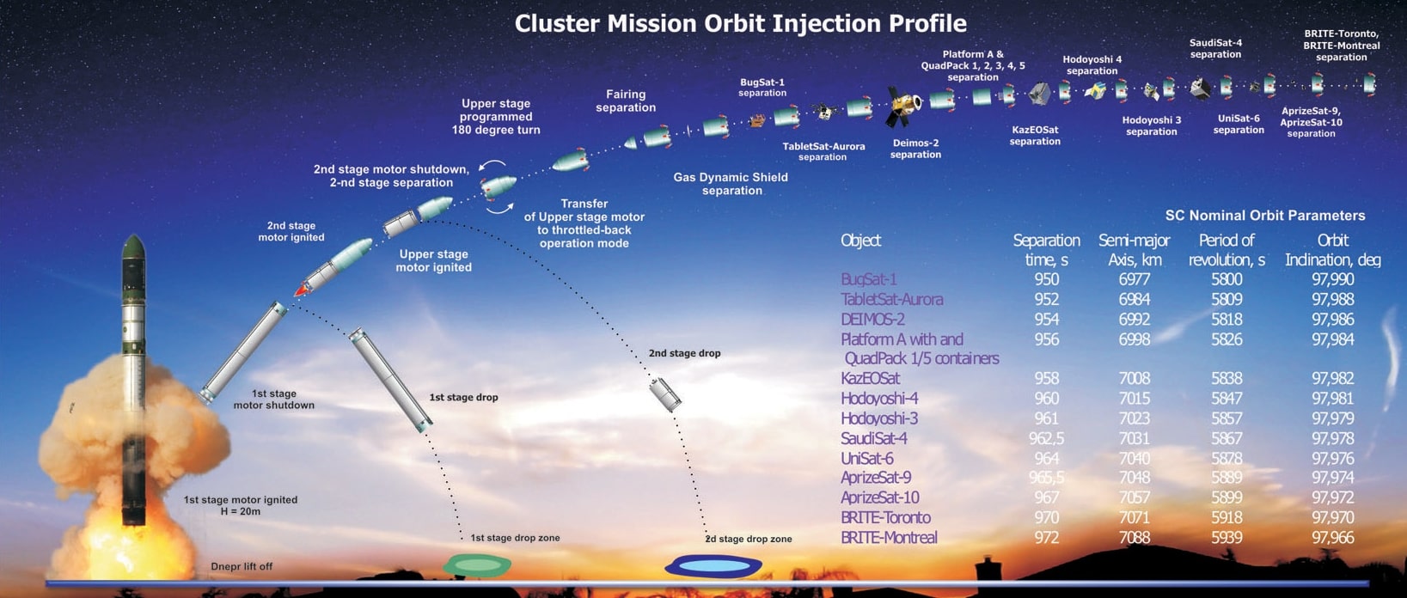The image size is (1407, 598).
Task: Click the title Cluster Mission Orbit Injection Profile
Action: coord(740,23)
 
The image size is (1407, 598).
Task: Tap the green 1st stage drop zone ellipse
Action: coord(477,565)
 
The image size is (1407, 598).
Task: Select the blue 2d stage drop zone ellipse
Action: coord(713,566)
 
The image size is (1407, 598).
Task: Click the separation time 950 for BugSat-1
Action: coord(1046,279)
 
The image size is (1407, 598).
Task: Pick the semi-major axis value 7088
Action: coord(1135,538)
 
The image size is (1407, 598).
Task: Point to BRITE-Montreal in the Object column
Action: coord(889,538)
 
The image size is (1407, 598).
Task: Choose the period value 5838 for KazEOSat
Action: coord(1227,378)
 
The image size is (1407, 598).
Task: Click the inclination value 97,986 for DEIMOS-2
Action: coord(1332,319)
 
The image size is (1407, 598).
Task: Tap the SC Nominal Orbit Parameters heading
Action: coord(1264,216)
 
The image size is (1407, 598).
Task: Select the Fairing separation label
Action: coord(626,101)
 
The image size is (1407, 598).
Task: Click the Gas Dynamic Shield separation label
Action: coord(731,184)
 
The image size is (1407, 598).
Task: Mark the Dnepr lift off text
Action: coord(242,567)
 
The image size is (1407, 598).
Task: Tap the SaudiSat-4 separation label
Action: coord(1215,48)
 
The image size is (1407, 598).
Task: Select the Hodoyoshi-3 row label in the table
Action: coord(879,418)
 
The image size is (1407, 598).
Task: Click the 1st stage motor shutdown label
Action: coord(274,400)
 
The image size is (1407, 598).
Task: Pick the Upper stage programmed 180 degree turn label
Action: coord(496,117)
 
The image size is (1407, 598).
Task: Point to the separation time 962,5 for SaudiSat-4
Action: coord(1046,438)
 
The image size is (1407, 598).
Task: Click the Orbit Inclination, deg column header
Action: coord(1332,249)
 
